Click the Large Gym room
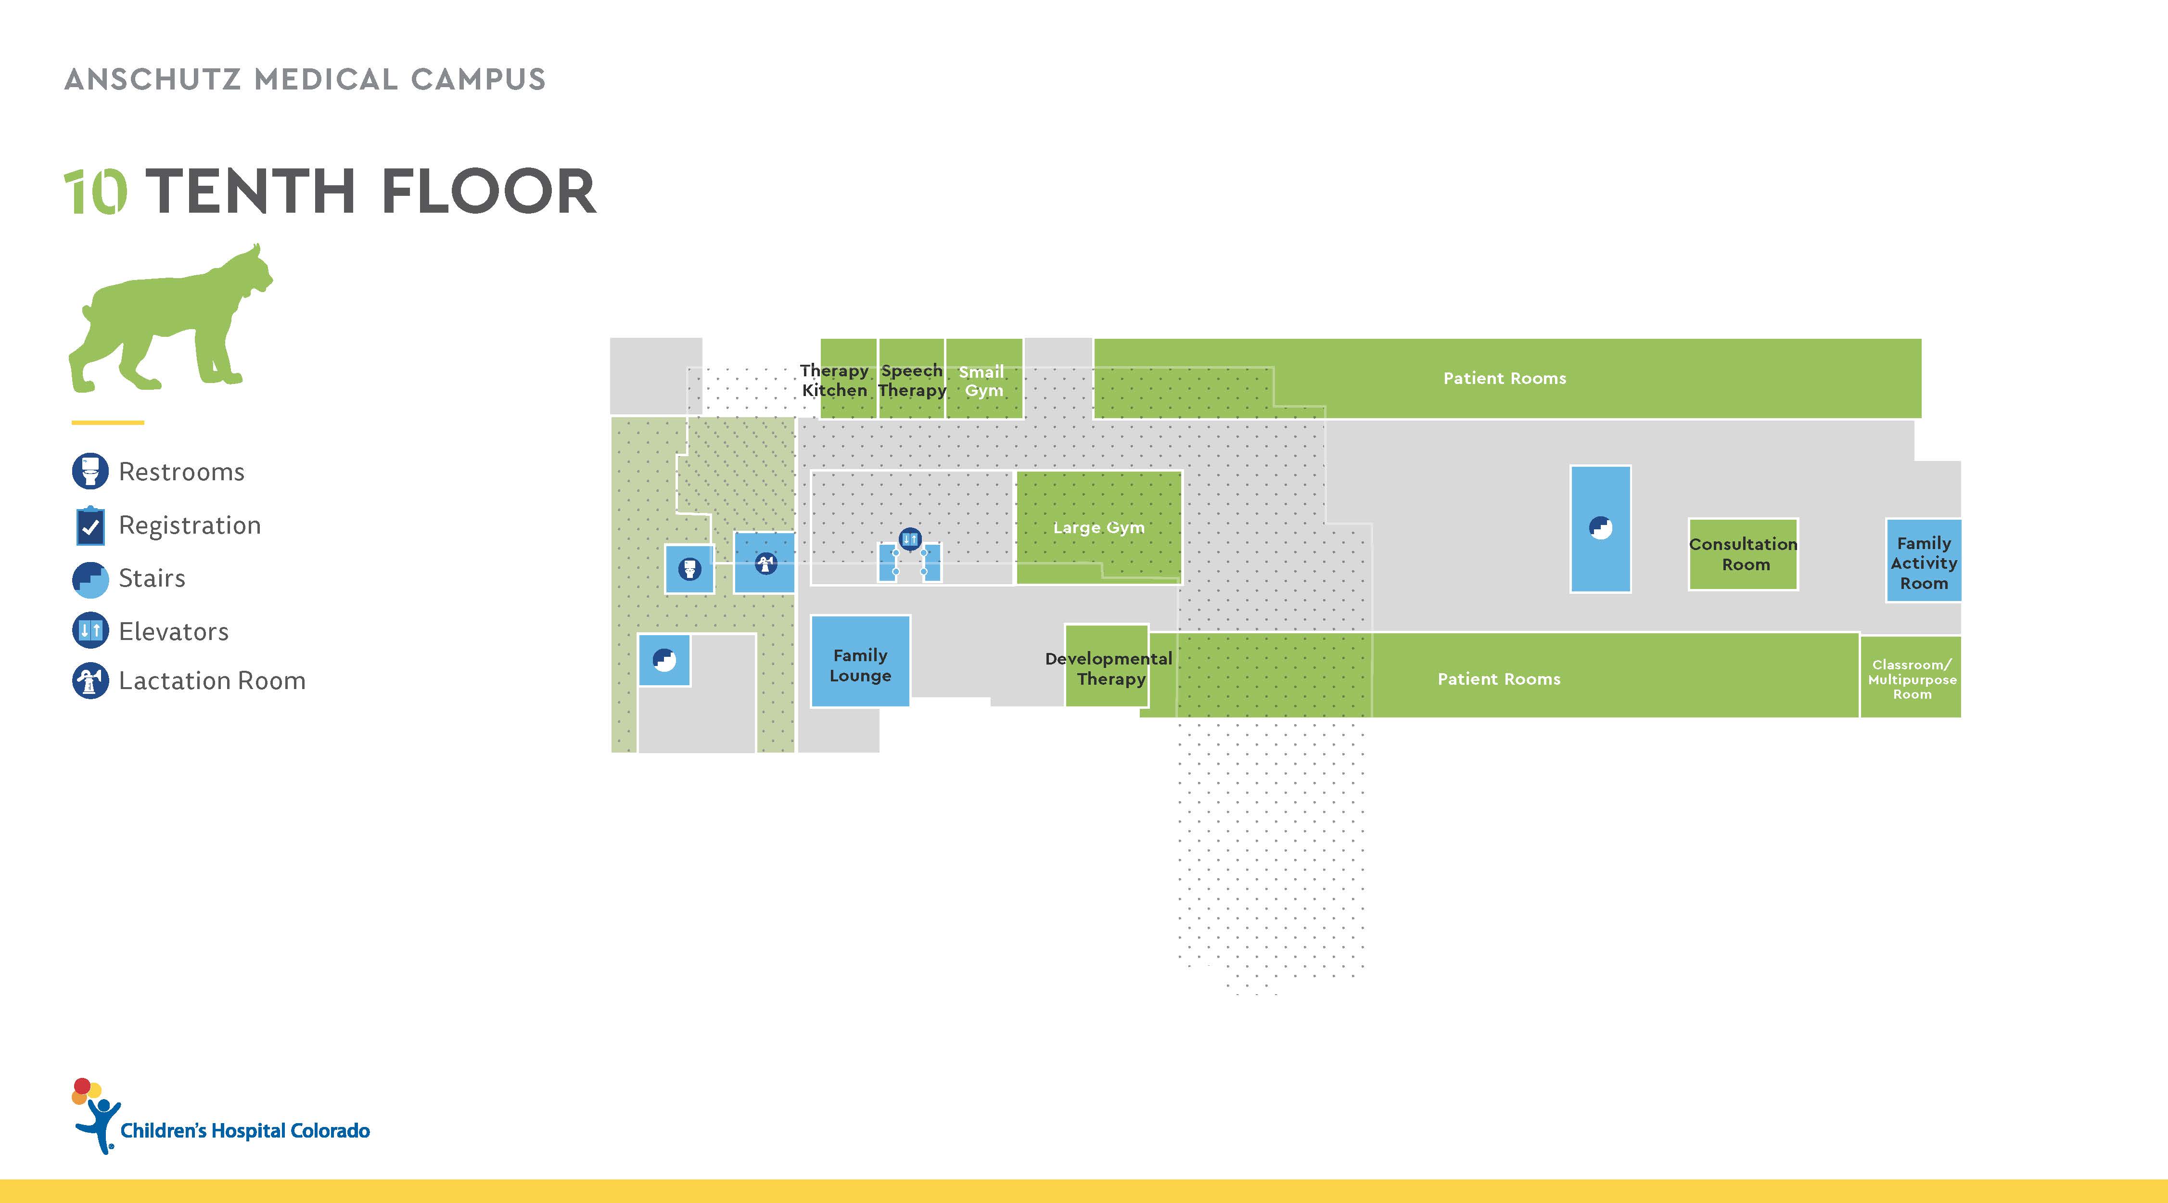point(1098,527)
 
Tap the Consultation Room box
point(1743,554)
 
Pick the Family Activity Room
point(1923,563)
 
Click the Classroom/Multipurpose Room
point(1911,678)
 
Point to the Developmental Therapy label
point(1109,668)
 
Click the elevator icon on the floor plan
point(910,539)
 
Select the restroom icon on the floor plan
point(689,569)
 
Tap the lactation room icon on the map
point(765,563)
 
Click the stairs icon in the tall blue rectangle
point(1600,528)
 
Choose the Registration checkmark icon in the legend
point(90,526)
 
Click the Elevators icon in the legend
point(90,630)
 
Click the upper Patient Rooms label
point(1504,379)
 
